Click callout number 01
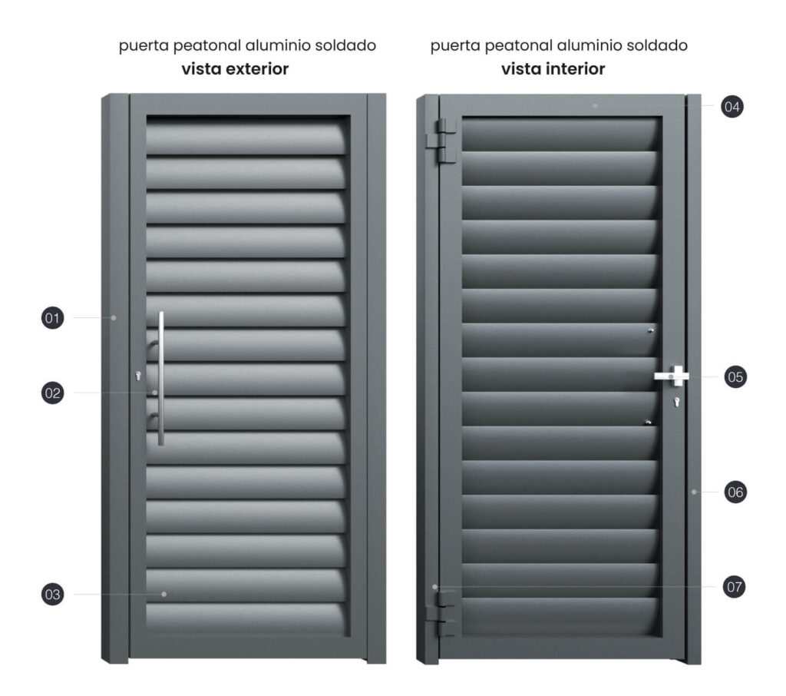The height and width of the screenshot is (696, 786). click(53, 317)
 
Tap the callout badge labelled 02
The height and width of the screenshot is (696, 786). click(53, 393)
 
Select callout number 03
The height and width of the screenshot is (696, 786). click(53, 594)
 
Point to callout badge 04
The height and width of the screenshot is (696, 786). click(732, 106)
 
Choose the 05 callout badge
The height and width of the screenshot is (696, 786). click(735, 377)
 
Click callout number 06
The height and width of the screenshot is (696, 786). click(735, 492)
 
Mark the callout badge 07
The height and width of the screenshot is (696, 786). click(735, 587)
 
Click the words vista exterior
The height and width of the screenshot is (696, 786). click(235, 68)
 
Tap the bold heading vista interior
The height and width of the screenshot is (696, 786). click(553, 68)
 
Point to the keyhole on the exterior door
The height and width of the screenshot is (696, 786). click(138, 376)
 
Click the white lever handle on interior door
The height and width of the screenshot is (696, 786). click(672, 376)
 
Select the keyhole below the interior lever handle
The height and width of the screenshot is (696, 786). click(677, 401)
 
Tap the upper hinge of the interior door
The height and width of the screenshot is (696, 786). click(441, 141)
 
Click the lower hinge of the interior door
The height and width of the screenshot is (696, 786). click(440, 614)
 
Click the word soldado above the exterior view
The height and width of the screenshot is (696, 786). click(345, 45)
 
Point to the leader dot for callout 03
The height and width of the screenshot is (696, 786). click(164, 594)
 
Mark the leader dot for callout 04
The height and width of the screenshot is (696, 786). click(595, 106)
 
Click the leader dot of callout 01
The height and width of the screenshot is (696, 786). click(114, 317)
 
